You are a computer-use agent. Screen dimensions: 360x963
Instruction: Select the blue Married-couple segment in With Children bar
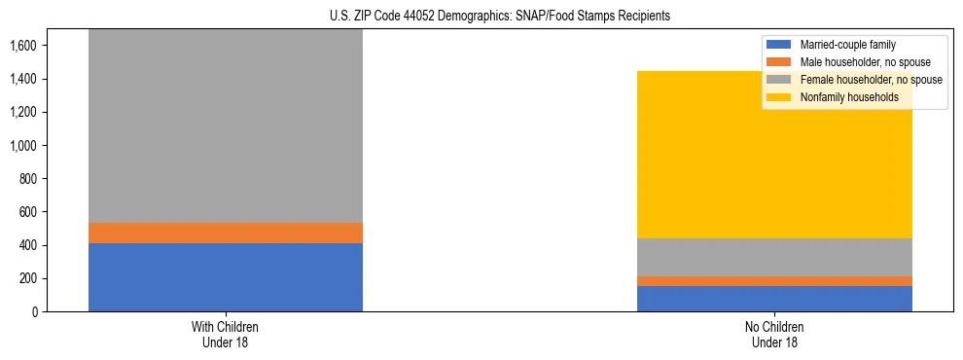coord(226,277)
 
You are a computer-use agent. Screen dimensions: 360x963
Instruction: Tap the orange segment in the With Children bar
coord(226,233)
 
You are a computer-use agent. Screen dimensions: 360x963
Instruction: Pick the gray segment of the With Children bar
coord(226,126)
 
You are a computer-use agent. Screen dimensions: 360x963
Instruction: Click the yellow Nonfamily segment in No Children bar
coord(774,155)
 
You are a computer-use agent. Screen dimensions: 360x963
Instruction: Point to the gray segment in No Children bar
coord(774,257)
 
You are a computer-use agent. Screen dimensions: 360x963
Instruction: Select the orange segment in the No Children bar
coord(774,281)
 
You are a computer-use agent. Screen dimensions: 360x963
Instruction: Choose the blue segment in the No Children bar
coord(774,299)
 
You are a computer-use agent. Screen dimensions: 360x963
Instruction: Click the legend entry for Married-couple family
coord(847,45)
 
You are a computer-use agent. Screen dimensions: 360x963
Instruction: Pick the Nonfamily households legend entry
coord(849,97)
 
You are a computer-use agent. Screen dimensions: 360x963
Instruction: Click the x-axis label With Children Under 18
coord(226,335)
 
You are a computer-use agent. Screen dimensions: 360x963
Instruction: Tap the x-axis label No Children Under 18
coord(774,335)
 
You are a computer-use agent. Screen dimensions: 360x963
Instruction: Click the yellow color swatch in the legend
coord(779,97)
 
